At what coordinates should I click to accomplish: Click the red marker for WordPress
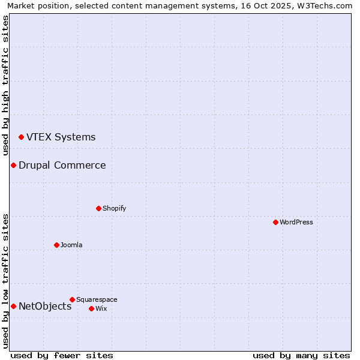click(x=275, y=222)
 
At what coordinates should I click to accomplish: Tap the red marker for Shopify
click(x=98, y=208)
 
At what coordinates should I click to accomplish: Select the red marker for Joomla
click(x=56, y=245)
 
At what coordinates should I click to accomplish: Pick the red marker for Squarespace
click(x=72, y=299)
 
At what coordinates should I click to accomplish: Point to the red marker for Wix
click(x=91, y=308)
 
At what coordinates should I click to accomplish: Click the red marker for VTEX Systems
click(x=21, y=137)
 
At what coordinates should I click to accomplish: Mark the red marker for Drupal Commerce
click(x=13, y=165)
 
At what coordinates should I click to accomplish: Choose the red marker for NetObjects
click(x=13, y=306)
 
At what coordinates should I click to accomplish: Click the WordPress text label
click(x=296, y=222)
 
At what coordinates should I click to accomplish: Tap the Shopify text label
click(x=114, y=208)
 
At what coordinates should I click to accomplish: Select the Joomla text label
click(x=71, y=245)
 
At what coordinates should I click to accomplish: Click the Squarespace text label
click(x=97, y=299)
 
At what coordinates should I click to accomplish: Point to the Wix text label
click(x=101, y=308)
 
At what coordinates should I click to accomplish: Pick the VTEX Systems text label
click(x=61, y=137)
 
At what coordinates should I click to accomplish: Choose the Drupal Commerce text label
click(x=62, y=165)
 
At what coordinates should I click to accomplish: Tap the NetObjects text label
click(x=45, y=306)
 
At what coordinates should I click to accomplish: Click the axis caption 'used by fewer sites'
click(x=62, y=355)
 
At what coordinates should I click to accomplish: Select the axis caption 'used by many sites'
click(x=301, y=355)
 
